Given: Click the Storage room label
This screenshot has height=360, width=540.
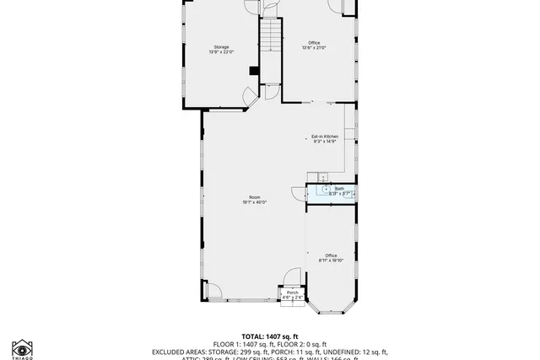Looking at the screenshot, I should click(x=221, y=46).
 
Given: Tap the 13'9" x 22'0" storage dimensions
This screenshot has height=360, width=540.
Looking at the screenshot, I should click(x=221, y=52).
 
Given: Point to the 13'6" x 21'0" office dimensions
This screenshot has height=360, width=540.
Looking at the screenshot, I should click(x=314, y=48).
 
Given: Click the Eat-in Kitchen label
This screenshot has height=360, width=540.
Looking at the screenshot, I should click(x=325, y=137).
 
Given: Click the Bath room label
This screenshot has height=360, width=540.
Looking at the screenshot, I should click(x=339, y=189).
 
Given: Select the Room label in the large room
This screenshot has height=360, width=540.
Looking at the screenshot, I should click(x=254, y=196).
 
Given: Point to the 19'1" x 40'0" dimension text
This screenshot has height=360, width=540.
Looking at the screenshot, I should click(x=254, y=202).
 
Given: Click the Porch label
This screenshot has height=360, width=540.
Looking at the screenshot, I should click(x=292, y=293).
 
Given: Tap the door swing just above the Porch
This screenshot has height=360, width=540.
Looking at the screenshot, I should click(x=291, y=277).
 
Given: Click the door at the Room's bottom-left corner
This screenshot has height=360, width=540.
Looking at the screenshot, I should click(x=213, y=292).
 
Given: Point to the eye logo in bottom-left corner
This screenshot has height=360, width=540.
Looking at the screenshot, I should click(x=22, y=348).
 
